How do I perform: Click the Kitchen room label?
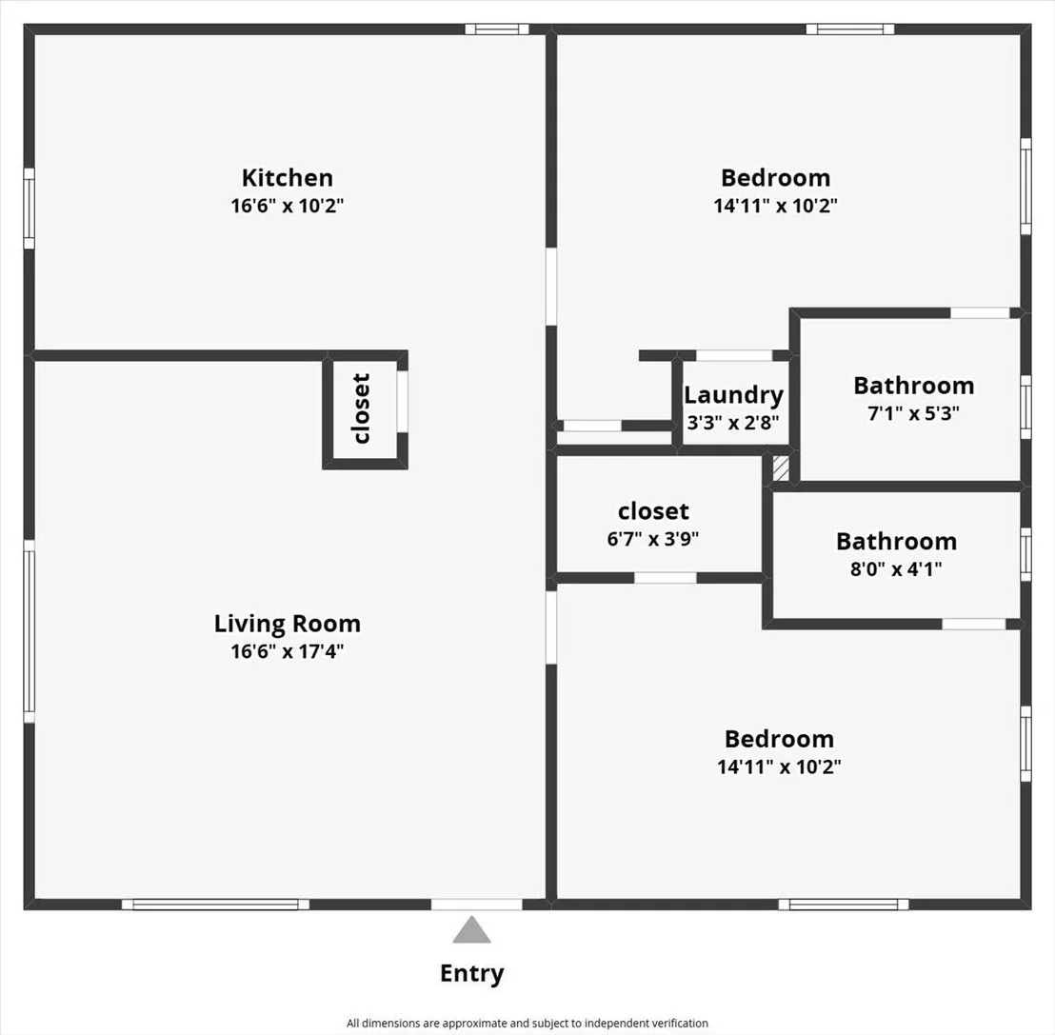288,178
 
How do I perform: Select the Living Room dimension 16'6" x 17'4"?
288,651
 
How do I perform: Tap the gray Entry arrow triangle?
471,929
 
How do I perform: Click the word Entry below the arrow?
471,974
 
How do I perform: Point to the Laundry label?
733,396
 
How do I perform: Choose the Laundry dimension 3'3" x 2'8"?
733,423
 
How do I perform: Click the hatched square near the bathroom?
781,468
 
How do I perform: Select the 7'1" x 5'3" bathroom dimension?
914,413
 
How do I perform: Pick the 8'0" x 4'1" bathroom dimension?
896,569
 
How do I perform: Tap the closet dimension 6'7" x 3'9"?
653,539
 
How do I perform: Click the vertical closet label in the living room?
362,408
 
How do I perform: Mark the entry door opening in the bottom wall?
476,905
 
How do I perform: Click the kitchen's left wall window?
29,208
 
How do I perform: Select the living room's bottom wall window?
215,905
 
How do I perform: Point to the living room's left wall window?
29,631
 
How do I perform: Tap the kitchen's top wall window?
497,29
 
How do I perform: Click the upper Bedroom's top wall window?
850,29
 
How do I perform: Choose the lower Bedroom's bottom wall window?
844,905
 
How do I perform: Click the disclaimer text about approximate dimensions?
527,1023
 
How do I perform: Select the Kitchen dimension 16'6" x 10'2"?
288,206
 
